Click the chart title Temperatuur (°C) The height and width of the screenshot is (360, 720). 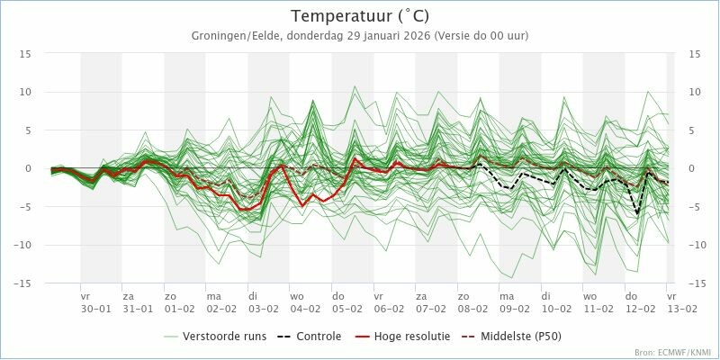[360, 16]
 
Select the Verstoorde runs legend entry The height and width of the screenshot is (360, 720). [215, 337]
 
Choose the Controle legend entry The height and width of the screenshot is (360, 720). [310, 337]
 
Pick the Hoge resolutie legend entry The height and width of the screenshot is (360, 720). [402, 337]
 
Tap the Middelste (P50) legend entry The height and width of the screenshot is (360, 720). [512, 337]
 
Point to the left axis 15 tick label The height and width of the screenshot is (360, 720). [25, 54]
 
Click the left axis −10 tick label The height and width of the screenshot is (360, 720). [21, 245]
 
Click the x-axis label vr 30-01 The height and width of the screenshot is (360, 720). [95, 303]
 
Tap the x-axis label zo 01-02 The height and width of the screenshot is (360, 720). [178, 303]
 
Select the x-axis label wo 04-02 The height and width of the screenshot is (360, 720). [305, 303]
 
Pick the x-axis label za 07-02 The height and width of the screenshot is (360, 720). [430, 303]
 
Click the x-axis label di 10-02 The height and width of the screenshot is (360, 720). [556, 303]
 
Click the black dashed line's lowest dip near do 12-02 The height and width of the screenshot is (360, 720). [637, 214]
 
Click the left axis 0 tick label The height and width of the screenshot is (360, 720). [28, 169]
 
